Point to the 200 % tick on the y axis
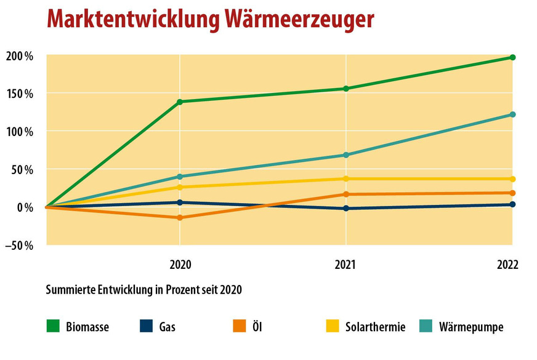click(20, 56)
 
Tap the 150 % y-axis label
click(20, 94)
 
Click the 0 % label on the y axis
click(24, 207)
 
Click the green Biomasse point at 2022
click(512, 57)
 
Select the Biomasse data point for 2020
click(179, 102)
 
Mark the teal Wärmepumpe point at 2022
click(512, 114)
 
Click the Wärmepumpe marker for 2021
click(346, 155)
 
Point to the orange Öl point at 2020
click(179, 218)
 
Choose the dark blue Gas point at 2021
click(346, 209)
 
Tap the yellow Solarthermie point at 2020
click(179, 187)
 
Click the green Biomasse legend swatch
click(53, 327)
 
